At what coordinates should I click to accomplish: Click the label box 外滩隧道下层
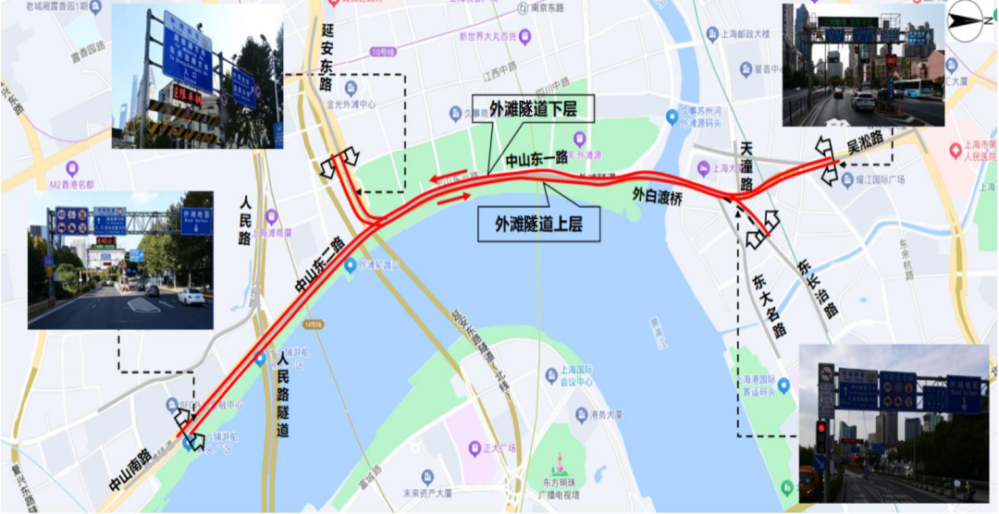pos(531,108)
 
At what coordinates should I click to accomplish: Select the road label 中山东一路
pos(536,159)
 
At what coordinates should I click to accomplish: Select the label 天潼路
pos(746,165)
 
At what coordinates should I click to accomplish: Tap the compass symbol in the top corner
pos(970,18)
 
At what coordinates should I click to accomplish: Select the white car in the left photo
pos(190,297)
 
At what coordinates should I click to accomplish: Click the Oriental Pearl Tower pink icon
pos(559,461)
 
